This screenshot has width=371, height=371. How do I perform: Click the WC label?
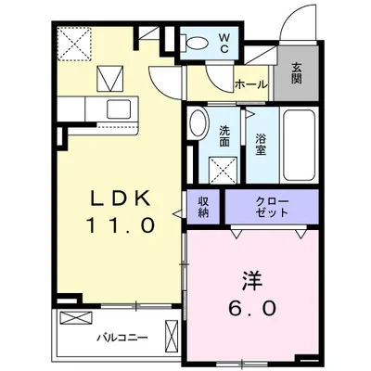(225, 43)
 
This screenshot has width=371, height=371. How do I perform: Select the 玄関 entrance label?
(296, 72)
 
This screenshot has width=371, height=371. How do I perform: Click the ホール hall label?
(250, 84)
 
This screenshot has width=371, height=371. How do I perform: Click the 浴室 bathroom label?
(262, 144)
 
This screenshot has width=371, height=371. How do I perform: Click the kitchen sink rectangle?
(118, 108)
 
